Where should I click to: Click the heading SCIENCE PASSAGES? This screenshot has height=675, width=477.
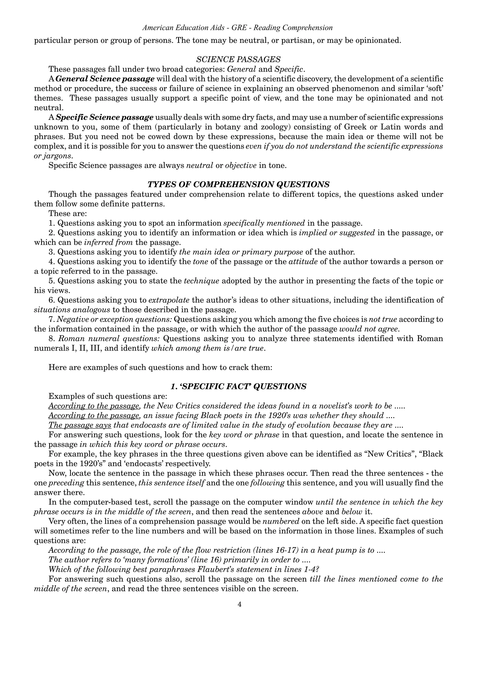pyautogui.click(x=238, y=59)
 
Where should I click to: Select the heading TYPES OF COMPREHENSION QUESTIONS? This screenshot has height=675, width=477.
pyautogui.click(x=238, y=184)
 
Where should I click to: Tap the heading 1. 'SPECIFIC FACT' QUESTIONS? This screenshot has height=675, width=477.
pyautogui.click(x=238, y=386)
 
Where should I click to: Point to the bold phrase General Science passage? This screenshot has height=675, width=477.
pyautogui.click(x=105, y=79)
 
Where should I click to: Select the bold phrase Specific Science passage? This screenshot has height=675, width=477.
pyautogui.click(x=104, y=117)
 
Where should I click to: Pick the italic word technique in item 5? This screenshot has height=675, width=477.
pyautogui.click(x=201, y=281)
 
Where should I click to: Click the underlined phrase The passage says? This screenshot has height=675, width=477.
pyautogui.click(x=80, y=425)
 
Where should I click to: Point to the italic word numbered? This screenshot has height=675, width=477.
pyautogui.click(x=281, y=521)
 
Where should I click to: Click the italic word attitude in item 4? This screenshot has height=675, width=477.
pyautogui.click(x=303, y=262)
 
